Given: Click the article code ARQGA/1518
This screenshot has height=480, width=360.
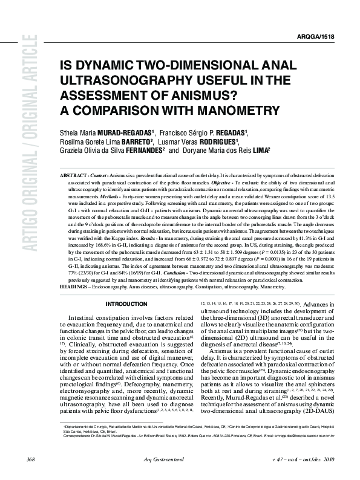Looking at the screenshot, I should point(332,37).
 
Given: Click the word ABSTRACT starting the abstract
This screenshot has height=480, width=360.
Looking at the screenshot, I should point(72,175).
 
